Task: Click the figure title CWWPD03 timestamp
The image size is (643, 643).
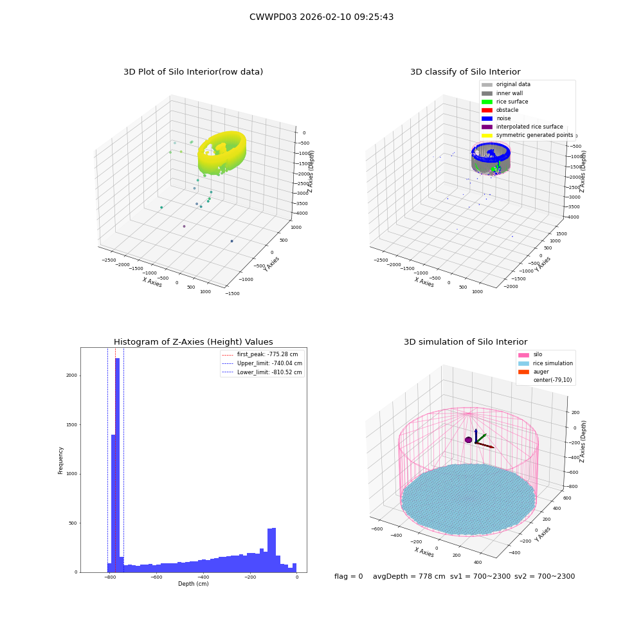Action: (321, 17)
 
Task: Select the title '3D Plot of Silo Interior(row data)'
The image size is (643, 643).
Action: (193, 72)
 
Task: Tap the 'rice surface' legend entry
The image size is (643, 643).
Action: (505, 102)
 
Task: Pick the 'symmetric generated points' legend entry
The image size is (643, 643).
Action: (527, 135)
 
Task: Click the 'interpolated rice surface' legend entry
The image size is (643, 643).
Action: (522, 127)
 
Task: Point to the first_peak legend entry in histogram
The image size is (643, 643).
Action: (260, 354)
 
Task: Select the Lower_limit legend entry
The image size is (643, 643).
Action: (262, 372)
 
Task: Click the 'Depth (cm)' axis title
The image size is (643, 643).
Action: (193, 584)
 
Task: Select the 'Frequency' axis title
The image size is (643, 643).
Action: (60, 460)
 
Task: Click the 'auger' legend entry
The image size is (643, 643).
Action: (534, 372)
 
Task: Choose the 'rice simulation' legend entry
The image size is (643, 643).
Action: (545, 363)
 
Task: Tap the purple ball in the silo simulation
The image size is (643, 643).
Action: (468, 440)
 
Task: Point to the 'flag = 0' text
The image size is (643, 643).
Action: (349, 576)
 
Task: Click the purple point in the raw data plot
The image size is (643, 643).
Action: (184, 226)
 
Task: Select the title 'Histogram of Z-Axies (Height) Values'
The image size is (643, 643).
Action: (193, 341)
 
